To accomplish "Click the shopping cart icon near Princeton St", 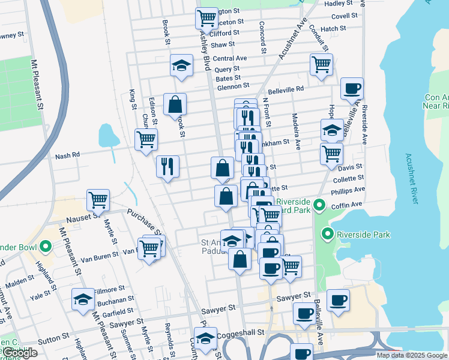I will pyautogui.click(x=206, y=18).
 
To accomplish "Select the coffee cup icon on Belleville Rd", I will pyautogui.click(x=352, y=88).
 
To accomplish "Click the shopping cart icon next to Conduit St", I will pyautogui.click(x=322, y=64).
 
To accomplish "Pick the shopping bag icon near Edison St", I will pyautogui.click(x=175, y=104).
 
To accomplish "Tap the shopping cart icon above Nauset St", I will pyautogui.click(x=98, y=199).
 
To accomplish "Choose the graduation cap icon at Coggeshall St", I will pyautogui.click(x=206, y=338).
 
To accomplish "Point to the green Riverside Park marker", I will pyautogui.click(x=328, y=233).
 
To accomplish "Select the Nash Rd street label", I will pyautogui.click(x=67, y=155).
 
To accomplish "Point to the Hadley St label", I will pyautogui.click(x=339, y=3).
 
